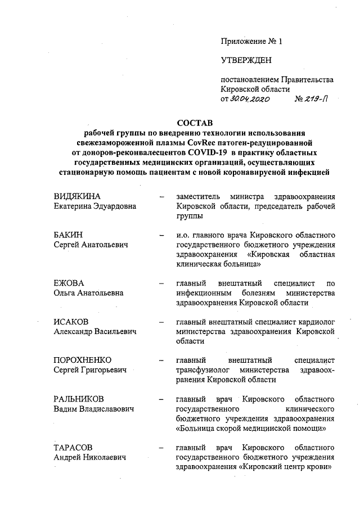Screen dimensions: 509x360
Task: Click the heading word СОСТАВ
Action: click(195, 123)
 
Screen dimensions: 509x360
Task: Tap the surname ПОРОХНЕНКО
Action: click(83, 360)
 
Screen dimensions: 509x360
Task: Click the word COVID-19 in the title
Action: click(210, 152)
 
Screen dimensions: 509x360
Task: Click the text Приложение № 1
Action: click(251, 41)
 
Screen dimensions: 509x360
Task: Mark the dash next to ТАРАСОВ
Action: click(163, 448)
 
